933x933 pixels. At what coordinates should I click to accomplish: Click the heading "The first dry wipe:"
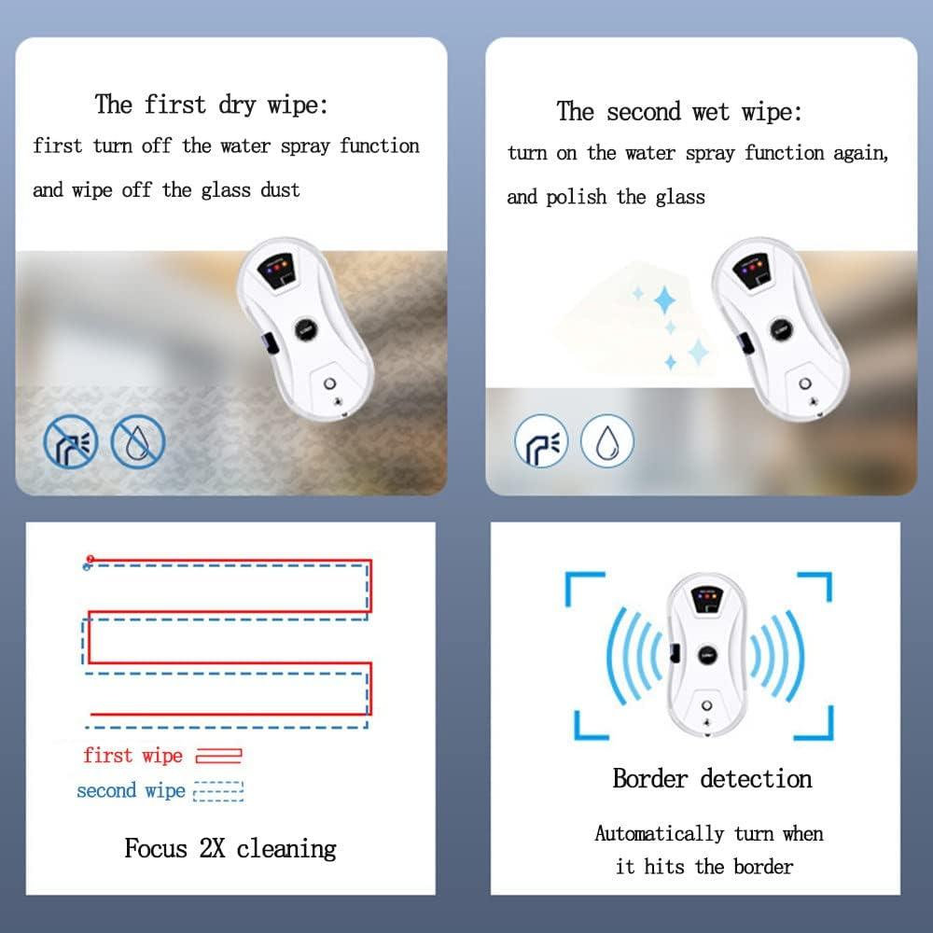(212, 104)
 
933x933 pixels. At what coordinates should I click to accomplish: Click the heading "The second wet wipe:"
(679, 112)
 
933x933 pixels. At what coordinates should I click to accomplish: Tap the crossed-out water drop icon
(138, 441)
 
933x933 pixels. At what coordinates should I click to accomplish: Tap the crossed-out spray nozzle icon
(70, 441)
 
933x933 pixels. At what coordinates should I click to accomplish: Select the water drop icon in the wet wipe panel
(607, 441)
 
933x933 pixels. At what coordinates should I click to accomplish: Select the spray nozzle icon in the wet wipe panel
(541, 441)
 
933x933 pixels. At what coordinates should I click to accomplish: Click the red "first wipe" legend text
(133, 755)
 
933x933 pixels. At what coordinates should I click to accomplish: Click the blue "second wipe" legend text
(131, 790)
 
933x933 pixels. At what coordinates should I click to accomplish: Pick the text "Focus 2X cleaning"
(230, 848)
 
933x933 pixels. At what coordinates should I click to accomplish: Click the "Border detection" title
(712, 778)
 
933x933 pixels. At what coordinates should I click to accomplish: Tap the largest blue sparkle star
(664, 300)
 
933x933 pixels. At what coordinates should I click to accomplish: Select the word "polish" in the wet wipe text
(577, 197)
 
